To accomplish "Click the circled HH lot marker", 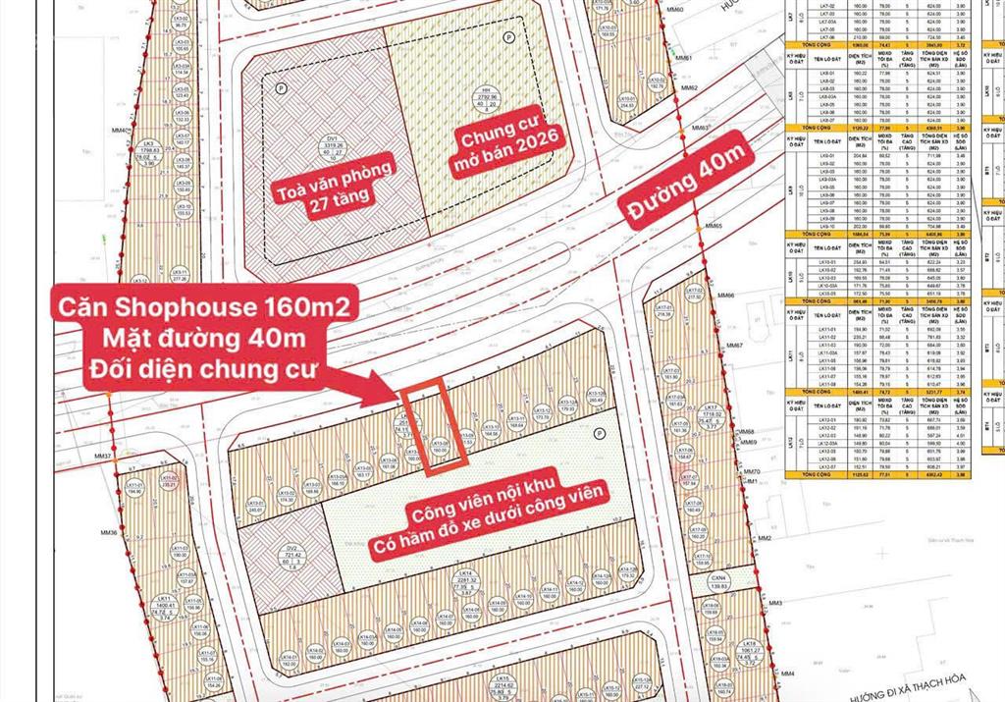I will [x=489, y=105].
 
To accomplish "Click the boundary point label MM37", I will [x=102, y=458].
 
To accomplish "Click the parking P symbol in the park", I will [x=599, y=432].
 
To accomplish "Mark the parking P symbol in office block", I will [x=281, y=87].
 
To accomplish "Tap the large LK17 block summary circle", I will [x=712, y=418].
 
